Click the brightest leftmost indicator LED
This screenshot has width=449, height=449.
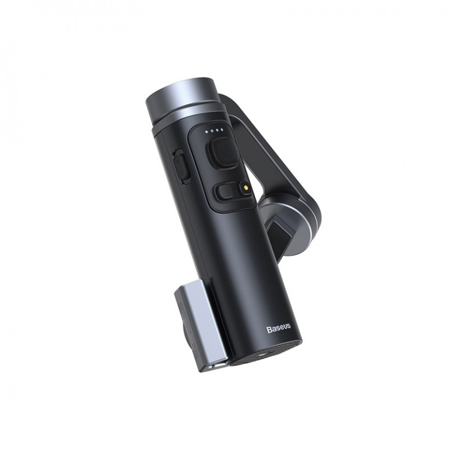(x=205, y=132)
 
